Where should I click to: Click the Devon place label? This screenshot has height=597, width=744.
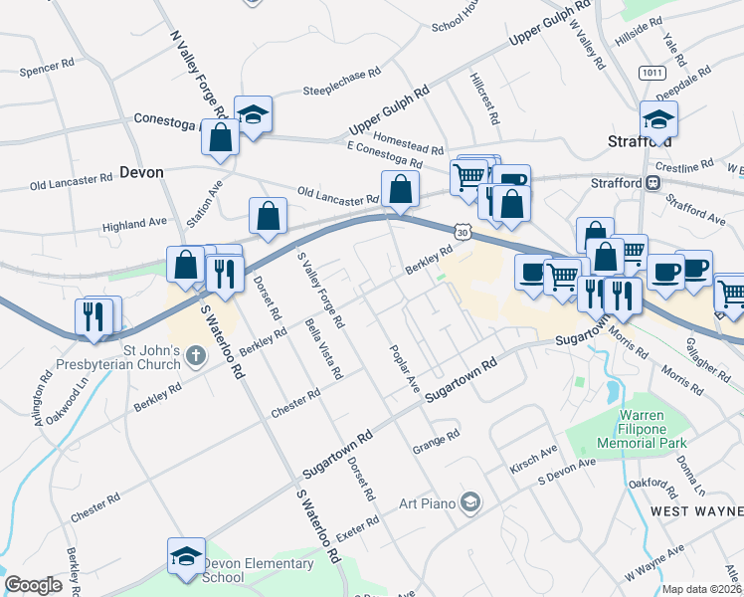click(x=140, y=171)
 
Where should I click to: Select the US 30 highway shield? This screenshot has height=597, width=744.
click(x=464, y=231)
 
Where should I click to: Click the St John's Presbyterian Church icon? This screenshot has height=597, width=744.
click(x=196, y=355)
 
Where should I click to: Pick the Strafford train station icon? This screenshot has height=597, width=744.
click(x=653, y=182)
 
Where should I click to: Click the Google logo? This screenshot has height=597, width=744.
click(x=33, y=585)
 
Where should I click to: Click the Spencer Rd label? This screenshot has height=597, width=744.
click(x=54, y=71)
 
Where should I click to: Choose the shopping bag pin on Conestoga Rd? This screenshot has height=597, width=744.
click(x=221, y=138)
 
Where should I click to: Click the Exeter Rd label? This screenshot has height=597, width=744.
click(x=358, y=524)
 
